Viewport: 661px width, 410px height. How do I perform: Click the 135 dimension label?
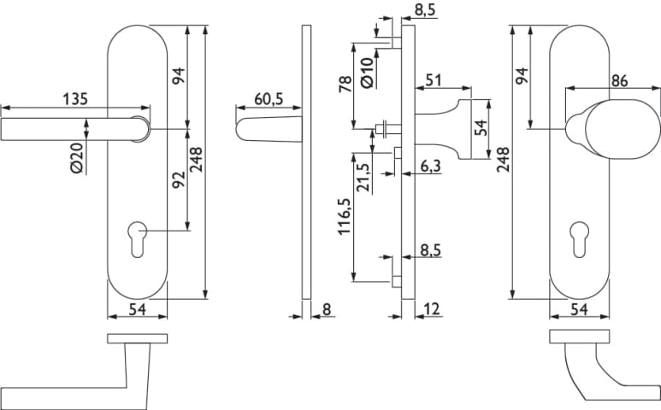point(75,98)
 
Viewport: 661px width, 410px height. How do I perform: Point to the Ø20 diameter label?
point(76,159)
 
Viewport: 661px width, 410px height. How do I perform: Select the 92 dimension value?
point(179,181)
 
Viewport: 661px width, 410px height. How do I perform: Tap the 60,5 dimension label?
point(268,99)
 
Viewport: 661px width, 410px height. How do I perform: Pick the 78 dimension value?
point(346,85)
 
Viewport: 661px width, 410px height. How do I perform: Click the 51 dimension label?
point(434,80)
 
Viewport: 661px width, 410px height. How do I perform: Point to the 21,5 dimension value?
point(364,177)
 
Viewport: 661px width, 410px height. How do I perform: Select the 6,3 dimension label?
point(429,169)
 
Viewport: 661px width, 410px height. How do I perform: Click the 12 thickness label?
point(431,309)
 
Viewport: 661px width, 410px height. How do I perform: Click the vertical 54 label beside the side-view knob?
point(480,128)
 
